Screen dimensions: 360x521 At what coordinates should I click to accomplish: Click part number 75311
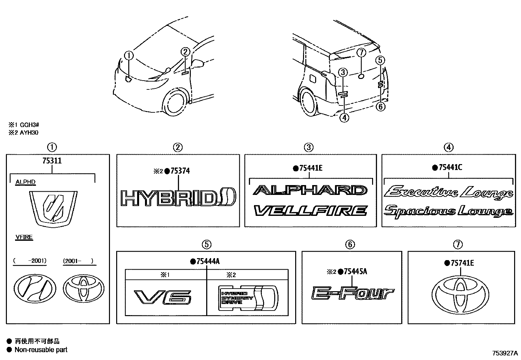click(52, 161)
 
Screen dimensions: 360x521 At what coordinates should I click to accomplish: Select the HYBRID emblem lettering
click(178, 198)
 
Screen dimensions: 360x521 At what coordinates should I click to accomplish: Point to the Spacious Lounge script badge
click(448, 211)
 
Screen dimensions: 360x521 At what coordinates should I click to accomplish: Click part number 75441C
click(450, 167)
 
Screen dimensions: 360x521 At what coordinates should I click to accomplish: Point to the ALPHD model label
click(26, 182)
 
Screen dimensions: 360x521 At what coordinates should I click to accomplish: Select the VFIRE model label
click(24, 237)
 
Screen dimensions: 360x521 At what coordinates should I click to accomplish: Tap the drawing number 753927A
click(505, 353)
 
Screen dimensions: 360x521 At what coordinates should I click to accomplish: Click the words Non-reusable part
click(41, 350)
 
